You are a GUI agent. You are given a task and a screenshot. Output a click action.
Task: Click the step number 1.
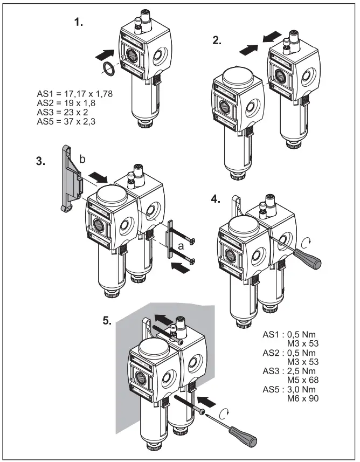pos(78,24)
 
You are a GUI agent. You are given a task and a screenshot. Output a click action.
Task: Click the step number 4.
pos(216,198)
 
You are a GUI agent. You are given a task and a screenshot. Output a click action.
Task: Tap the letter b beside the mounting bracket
pos(82,160)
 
